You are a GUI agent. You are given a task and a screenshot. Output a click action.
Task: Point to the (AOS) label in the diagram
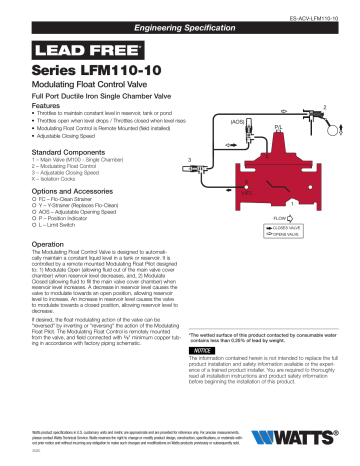pyautogui.click(x=237, y=122)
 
